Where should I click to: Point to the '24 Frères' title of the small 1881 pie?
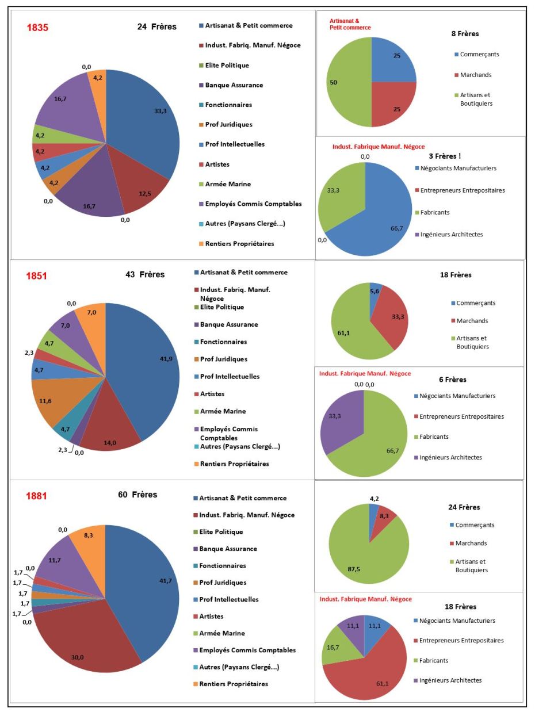(x=464, y=507)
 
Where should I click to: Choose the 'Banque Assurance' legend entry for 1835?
(x=230, y=85)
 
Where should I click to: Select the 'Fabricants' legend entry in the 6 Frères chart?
(x=434, y=437)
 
